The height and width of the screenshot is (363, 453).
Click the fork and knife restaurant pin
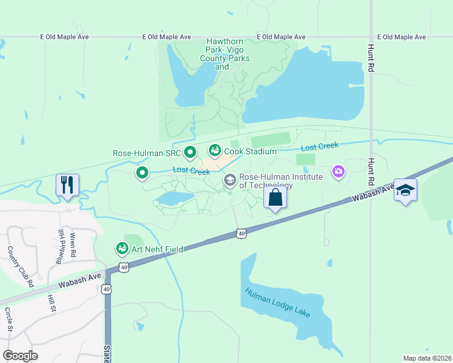pyautogui.click(x=67, y=185)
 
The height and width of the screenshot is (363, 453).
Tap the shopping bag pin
pyautogui.click(x=275, y=198)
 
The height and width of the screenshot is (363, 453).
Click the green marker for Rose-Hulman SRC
pyautogui.click(x=190, y=152)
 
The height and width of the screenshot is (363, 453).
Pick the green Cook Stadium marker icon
pyautogui.click(x=215, y=149)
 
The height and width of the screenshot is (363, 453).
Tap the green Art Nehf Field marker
pyautogui.click(x=122, y=248)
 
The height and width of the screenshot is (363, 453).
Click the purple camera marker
pyautogui.click(x=338, y=172)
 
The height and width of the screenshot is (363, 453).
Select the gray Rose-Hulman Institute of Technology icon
pyautogui.click(x=230, y=180)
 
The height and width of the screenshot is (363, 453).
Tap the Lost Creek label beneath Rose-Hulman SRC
pyautogui.click(x=191, y=171)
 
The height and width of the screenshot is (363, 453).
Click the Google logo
pyautogui.click(x=20, y=356)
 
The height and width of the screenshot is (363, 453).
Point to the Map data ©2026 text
pyautogui.click(x=427, y=358)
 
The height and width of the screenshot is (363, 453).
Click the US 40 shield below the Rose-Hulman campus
pyautogui.click(x=242, y=233)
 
